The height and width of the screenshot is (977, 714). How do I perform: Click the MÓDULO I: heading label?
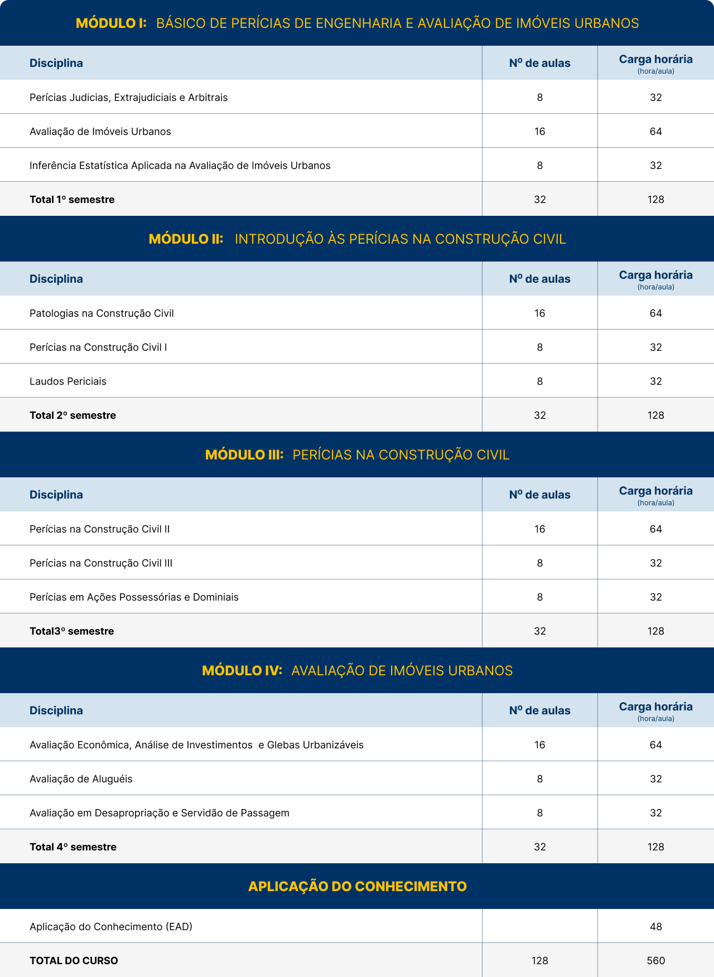tap(111, 23)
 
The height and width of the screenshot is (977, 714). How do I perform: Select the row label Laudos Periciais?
tap(68, 381)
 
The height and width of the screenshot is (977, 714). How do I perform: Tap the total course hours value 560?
tap(655, 960)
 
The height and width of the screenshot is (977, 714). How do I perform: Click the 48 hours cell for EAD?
tap(655, 926)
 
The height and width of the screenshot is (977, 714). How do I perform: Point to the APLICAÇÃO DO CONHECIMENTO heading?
tap(357, 886)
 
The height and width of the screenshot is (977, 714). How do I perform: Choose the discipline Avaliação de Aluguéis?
tap(81, 779)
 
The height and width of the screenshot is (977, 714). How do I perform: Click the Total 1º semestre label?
tap(72, 200)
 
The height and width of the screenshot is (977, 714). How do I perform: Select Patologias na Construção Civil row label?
tap(102, 313)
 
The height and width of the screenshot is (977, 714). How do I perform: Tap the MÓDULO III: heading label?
tap(244, 454)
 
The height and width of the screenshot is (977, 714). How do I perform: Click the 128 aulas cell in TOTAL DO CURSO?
tap(539, 960)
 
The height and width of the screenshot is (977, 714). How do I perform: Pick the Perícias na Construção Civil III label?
tap(101, 563)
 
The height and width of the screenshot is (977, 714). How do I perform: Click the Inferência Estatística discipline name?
tap(180, 166)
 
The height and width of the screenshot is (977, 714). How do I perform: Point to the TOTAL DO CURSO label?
tap(74, 960)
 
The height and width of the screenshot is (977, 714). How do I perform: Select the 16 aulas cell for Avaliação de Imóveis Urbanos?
tap(539, 132)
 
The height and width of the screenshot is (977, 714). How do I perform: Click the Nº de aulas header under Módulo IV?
tap(539, 710)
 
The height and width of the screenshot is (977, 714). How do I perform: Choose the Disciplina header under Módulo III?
tap(56, 495)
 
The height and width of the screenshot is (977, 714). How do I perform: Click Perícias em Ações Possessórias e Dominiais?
tap(134, 597)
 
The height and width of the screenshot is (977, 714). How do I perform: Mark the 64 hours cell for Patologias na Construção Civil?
tap(655, 313)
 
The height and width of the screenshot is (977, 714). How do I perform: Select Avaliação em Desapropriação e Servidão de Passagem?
tap(160, 813)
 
